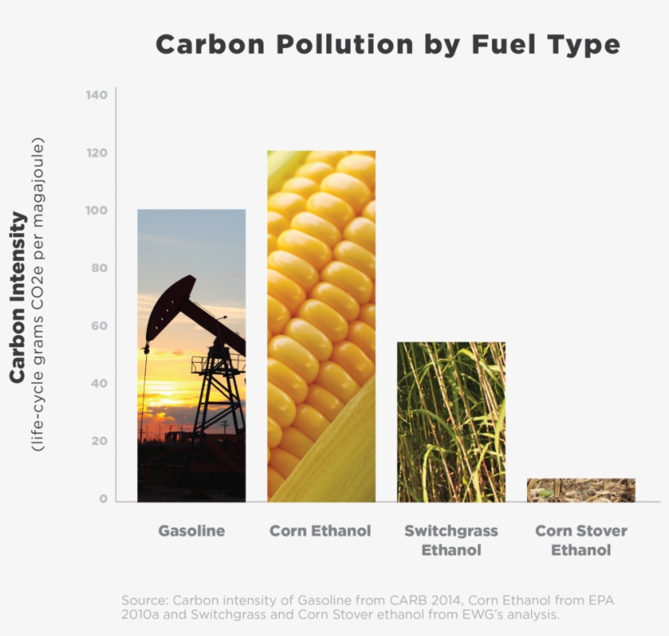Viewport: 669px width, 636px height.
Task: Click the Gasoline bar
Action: click(x=192, y=356)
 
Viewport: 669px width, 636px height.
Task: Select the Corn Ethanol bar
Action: click(x=321, y=326)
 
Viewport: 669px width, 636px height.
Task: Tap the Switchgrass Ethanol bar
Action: click(x=451, y=422)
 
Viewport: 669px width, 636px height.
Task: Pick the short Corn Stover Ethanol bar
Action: click(x=581, y=490)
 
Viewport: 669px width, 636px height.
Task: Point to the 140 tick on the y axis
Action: click(x=97, y=95)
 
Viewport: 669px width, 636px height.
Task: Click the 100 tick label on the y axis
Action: click(x=97, y=210)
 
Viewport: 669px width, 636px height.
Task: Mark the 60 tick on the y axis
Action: click(x=100, y=325)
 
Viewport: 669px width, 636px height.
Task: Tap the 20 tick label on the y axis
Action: click(x=100, y=441)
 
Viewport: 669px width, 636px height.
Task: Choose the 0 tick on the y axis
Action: click(x=104, y=499)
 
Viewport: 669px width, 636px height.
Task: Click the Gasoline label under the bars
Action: click(x=192, y=531)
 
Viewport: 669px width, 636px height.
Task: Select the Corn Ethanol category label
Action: click(x=321, y=531)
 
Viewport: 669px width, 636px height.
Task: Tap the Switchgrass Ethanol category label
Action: click(x=451, y=541)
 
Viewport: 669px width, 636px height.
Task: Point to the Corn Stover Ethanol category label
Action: click(x=581, y=541)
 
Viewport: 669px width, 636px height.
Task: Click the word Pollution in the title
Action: click(x=345, y=44)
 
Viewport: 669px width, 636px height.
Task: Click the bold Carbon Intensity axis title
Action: click(x=17, y=297)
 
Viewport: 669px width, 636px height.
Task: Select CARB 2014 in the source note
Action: click(x=425, y=600)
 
